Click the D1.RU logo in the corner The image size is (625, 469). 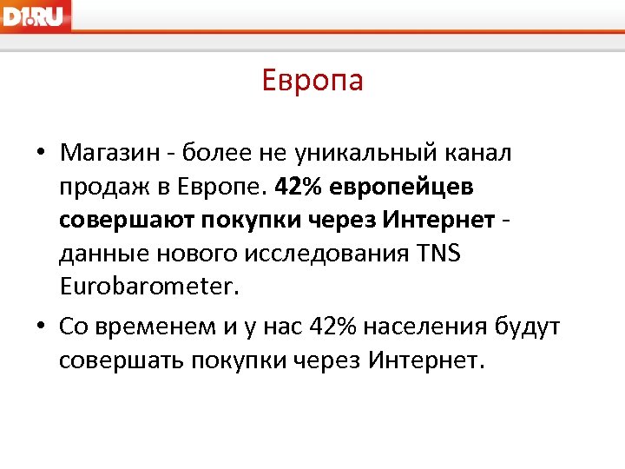pos(35,16)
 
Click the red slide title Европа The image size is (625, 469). pos(312,81)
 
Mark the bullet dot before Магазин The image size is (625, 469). pos(41,154)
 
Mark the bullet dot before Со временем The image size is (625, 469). pos(41,327)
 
